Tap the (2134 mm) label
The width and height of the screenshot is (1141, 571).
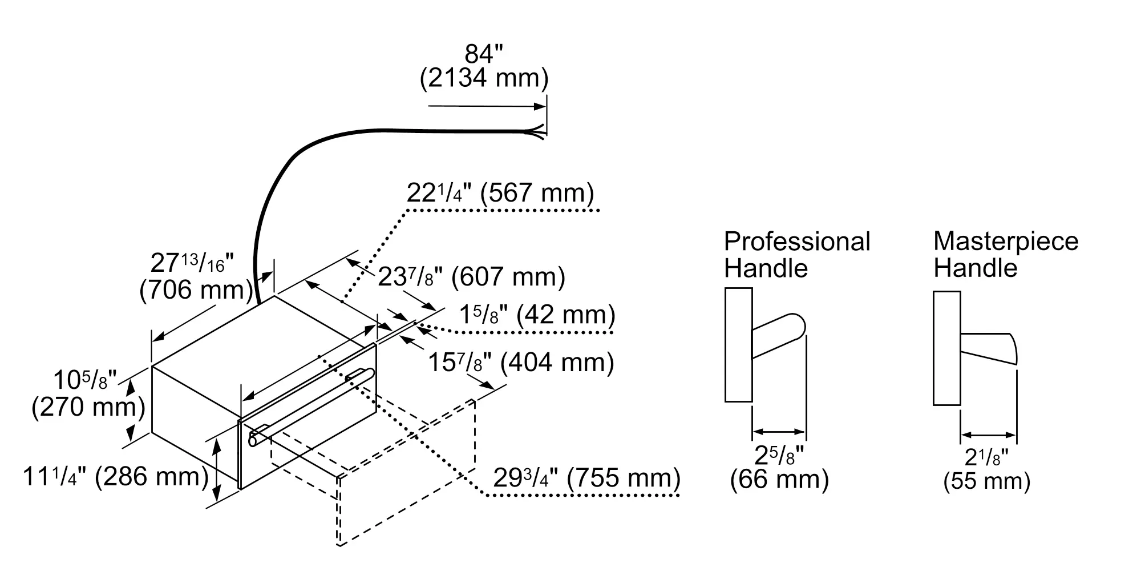484,78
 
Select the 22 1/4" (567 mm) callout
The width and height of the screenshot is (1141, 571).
500,194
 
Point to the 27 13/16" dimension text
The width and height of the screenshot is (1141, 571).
192,264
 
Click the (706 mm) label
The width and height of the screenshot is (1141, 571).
196,290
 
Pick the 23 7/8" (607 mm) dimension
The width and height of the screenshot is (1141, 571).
471,278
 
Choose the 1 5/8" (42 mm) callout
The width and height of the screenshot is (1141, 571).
537,315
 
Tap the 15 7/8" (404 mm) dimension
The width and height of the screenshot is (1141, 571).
521,362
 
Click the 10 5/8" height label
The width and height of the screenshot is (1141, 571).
84,380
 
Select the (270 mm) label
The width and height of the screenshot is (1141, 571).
88,407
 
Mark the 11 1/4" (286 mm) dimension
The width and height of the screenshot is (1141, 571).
116,477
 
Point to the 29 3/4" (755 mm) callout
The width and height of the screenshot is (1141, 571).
586,478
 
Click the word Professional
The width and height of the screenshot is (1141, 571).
797,242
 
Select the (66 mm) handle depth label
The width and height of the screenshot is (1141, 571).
779,479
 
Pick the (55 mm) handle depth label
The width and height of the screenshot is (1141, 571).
987,481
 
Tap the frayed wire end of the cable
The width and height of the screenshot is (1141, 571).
536,132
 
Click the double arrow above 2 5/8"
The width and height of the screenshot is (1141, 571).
779,432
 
